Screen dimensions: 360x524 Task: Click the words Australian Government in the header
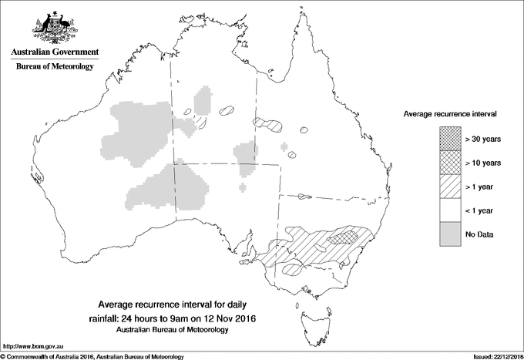tap(54, 52)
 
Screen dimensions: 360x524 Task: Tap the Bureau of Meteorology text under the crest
tap(54, 67)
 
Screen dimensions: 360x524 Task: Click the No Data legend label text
tap(480, 234)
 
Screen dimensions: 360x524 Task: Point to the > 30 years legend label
tap(483, 140)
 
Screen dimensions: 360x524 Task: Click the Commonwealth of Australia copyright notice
tap(92, 356)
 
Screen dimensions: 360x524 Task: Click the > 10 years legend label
tap(483, 163)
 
